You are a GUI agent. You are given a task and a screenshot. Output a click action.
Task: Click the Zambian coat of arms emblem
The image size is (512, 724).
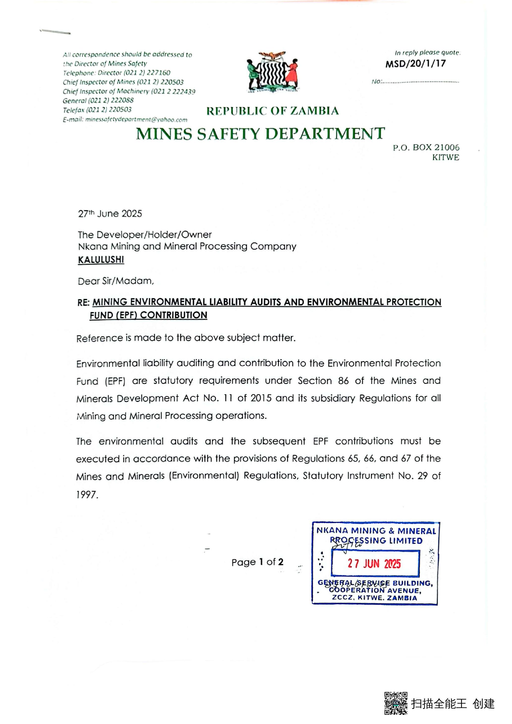(272, 72)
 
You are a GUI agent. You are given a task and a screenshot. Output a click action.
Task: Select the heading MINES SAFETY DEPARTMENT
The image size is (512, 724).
(260, 134)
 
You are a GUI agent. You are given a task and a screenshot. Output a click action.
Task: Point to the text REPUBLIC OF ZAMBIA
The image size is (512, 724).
(272, 111)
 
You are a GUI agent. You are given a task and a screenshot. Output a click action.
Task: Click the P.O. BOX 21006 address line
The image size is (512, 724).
(426, 148)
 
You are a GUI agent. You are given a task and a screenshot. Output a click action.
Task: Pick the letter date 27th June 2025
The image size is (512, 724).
(110, 214)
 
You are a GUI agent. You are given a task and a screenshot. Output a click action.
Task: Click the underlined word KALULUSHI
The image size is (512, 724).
(101, 260)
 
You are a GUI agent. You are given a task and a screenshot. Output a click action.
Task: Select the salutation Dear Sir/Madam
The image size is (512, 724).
(116, 281)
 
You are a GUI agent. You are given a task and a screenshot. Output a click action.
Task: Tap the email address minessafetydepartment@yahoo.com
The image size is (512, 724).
(136, 120)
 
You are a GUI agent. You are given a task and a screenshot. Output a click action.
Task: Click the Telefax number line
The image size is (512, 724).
(97, 110)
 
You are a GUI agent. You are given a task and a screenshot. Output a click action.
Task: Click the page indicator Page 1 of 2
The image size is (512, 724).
(257, 562)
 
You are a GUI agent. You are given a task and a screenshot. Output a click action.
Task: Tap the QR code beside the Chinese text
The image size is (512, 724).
(396, 703)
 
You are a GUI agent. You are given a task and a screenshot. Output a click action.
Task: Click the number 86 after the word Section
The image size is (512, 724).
(343, 381)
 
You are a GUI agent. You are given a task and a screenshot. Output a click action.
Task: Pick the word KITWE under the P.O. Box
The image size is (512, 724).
(445, 157)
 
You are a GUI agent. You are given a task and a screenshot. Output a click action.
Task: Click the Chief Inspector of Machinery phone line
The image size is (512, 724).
(129, 91)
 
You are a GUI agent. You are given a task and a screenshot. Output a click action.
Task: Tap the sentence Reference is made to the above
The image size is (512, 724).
(186, 338)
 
